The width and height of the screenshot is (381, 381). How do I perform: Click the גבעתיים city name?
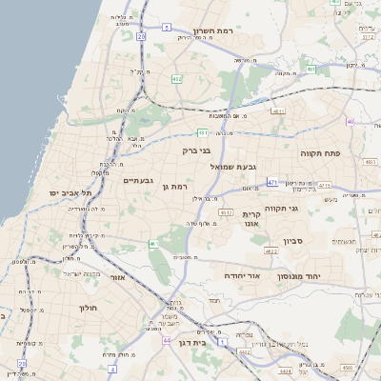(x=139, y=181)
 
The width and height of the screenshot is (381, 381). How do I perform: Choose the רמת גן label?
(x=178, y=187)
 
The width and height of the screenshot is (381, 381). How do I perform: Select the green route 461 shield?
(x=153, y=245)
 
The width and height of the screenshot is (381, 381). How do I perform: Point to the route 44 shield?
(x=167, y=340)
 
